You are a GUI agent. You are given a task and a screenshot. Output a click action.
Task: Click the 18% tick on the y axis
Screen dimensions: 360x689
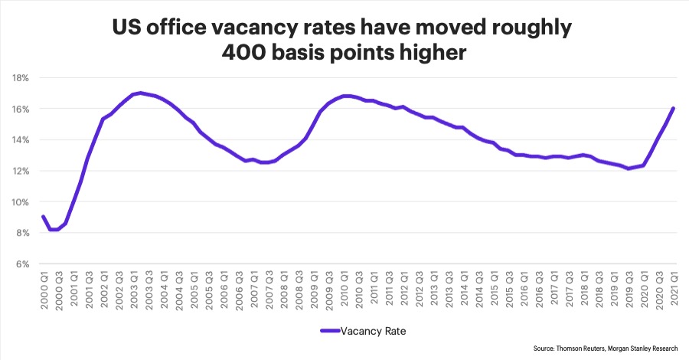20,77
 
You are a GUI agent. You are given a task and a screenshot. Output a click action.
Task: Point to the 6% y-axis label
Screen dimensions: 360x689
21,264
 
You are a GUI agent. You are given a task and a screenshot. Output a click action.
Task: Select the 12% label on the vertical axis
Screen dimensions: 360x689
20,171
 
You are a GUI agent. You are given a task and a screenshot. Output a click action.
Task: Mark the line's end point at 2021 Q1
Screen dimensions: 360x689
674,108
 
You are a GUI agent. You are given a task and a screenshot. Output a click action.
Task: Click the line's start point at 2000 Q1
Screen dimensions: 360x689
42,217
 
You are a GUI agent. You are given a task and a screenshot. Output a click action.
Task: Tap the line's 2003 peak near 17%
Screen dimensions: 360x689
140,93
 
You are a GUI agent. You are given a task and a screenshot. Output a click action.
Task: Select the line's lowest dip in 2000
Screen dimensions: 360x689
53,229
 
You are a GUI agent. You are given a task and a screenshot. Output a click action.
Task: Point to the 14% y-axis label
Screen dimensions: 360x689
20,139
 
